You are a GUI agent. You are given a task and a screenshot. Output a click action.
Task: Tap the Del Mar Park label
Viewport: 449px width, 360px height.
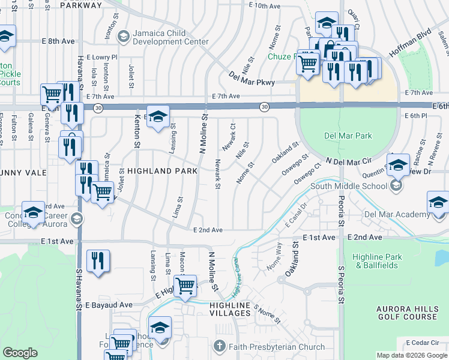[348, 136]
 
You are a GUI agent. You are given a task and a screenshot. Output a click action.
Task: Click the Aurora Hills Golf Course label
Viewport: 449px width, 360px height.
[407, 313]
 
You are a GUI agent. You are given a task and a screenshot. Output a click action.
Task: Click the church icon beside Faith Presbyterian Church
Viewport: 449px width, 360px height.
[220, 347]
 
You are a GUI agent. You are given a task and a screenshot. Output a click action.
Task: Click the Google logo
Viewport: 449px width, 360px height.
[20, 353]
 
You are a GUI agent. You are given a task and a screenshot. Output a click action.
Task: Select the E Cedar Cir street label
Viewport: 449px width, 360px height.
[424, 343]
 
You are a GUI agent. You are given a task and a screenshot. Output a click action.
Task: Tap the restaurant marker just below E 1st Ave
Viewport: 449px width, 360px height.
[97, 260]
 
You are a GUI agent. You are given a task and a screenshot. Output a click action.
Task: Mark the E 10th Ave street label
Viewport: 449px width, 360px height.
[264, 6]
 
